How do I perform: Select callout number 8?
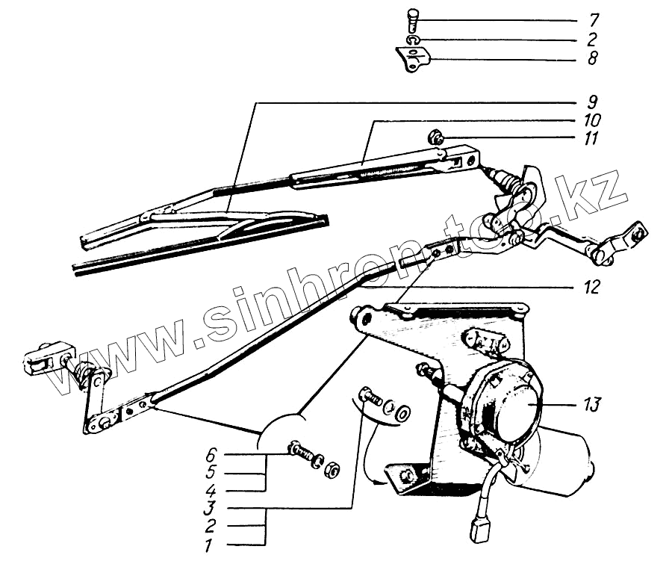point(591,58)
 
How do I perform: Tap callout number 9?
point(592,102)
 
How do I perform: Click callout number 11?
point(593,140)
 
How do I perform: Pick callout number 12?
point(593,287)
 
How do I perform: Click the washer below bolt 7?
point(413,38)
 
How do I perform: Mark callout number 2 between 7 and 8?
point(591,39)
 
